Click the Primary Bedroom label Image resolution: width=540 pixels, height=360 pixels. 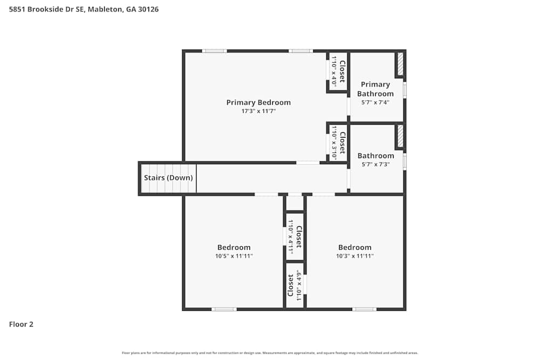pos(258,103)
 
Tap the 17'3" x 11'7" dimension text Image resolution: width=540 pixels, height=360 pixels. pos(258,111)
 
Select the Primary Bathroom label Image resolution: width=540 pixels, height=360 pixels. pos(375,89)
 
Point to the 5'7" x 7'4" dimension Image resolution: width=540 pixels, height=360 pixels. pos(375,102)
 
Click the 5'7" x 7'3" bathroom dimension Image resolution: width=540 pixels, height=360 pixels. pos(375,165)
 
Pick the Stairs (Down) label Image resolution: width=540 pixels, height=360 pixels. pos(168,178)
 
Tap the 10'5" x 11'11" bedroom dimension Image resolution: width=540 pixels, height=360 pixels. pos(234,256)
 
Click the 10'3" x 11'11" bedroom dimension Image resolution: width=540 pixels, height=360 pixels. pos(355,256)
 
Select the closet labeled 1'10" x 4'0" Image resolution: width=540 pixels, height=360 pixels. pos(338,71)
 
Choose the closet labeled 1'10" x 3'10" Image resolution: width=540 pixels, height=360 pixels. pos(338,142)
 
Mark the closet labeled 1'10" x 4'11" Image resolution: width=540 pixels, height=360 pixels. pos(295,236)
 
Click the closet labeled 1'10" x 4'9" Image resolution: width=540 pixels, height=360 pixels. pos(295,285)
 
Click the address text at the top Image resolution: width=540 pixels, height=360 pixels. pos(84,9)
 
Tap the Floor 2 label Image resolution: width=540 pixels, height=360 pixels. pos(21,324)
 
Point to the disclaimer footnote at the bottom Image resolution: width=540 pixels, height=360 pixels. pos(270,353)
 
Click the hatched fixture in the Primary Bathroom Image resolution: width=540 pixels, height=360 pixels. pos(400,64)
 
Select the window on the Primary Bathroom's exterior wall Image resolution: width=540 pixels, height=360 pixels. pos(404,90)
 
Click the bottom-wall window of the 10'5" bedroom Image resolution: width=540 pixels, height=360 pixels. pos(224,309)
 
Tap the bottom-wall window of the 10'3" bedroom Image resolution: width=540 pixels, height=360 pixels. pos(364,309)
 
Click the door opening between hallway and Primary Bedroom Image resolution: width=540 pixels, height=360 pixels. pos(307,162)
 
